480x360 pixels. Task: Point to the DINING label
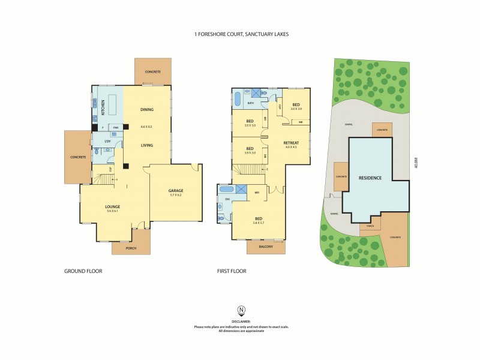pyautogui.click(x=146, y=109)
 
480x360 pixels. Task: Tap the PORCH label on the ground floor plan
pyautogui.click(x=131, y=248)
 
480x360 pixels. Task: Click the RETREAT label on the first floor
pyautogui.click(x=292, y=143)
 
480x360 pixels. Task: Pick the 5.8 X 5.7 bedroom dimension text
pyautogui.click(x=259, y=223)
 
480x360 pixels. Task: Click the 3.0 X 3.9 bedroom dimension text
pyautogui.click(x=296, y=109)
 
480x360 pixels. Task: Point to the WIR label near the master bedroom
pyautogui.click(x=257, y=193)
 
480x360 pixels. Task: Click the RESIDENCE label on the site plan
pyautogui.click(x=370, y=178)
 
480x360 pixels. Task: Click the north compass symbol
pyautogui.click(x=241, y=310)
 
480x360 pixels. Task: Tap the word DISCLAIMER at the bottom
pyautogui.click(x=241, y=321)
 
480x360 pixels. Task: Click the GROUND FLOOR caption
pyautogui.click(x=83, y=271)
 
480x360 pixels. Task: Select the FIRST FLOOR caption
pyautogui.click(x=232, y=271)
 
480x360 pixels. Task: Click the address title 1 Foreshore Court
pyautogui.click(x=240, y=35)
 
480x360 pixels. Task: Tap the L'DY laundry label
pyautogui.click(x=107, y=141)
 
